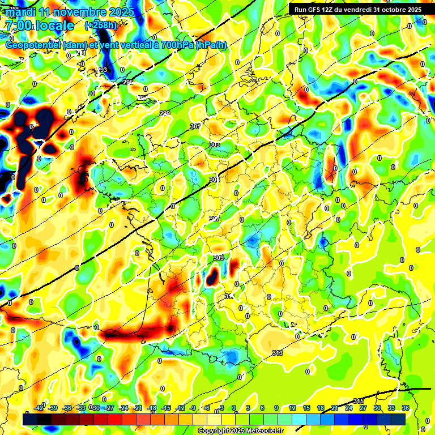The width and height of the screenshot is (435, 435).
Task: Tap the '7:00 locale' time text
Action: tap(39, 25)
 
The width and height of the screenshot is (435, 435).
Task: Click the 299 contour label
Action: tap(165, 114)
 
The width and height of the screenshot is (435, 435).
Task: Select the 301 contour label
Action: tap(195, 126)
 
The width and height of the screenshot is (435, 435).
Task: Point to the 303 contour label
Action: tap(215, 144)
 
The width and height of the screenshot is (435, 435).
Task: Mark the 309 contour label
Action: tap(219, 258)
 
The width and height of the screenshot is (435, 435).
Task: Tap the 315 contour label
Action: tap(359, 401)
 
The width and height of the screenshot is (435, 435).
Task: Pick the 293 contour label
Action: tap(102, 70)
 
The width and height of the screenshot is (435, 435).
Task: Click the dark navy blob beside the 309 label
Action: tap(212, 276)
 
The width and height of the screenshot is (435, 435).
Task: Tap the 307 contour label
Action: tap(215, 219)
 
